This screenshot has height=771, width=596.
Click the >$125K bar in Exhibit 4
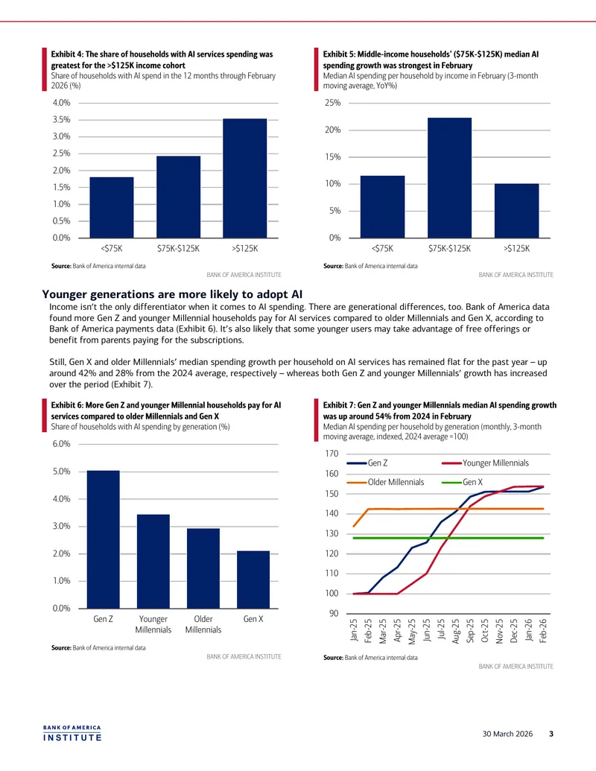245,179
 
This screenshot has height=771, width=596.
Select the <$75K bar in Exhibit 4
112,208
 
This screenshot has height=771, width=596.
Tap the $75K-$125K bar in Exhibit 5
449,178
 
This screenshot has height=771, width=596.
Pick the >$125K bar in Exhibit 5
517,211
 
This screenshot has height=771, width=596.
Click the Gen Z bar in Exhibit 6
104,539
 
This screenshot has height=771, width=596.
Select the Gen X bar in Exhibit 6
253,580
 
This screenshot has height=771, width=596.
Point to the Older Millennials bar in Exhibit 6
203,568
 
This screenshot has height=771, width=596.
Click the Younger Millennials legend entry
485,463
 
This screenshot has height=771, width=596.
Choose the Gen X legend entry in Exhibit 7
462,483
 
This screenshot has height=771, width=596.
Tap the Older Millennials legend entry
385,483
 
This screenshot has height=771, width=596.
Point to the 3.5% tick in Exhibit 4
62,119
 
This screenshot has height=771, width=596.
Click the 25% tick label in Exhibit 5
332,103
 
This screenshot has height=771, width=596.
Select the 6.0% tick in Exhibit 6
62,443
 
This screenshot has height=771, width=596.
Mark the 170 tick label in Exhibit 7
332,454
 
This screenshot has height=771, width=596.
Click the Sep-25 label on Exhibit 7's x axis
470,631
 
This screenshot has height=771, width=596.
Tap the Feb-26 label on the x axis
543,631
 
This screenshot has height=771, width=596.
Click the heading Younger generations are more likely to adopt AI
172,294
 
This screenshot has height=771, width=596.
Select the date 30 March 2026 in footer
507,734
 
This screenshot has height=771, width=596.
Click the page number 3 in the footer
551,734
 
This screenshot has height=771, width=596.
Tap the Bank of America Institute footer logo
72,733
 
